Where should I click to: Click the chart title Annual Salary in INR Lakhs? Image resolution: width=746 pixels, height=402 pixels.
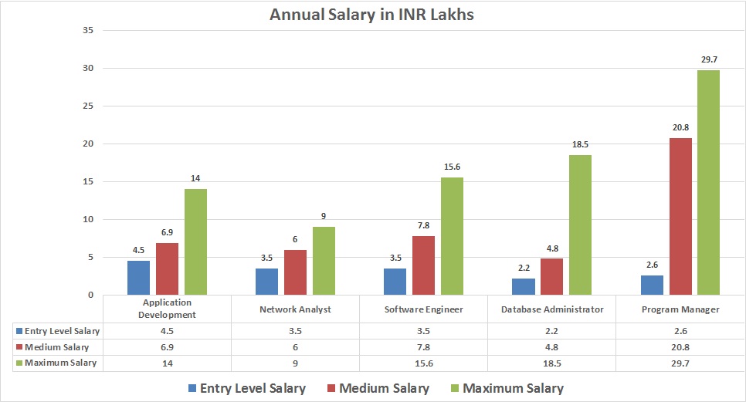pos(371,15)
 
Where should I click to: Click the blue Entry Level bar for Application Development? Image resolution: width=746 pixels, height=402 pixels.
pos(138,278)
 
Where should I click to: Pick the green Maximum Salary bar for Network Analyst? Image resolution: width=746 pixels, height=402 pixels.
pos(324,261)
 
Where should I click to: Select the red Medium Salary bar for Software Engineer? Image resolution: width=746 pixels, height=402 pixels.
pos(423,265)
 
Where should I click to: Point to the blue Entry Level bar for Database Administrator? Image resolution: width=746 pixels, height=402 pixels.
pos(524,286)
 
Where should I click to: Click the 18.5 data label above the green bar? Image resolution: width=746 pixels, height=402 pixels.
pos(580,144)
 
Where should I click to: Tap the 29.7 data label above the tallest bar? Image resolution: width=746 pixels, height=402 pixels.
pos(708,59)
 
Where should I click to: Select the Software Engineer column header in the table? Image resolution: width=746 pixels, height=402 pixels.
pos(423,309)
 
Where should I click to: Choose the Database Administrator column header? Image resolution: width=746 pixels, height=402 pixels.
pos(551,309)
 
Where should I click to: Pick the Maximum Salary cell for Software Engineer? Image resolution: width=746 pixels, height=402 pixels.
pos(423,363)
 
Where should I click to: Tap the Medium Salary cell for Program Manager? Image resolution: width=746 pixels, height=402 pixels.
pos(680,346)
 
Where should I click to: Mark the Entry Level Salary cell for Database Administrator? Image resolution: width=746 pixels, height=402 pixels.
pos(551,331)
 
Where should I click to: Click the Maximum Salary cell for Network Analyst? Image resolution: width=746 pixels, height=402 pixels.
pos(295,363)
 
